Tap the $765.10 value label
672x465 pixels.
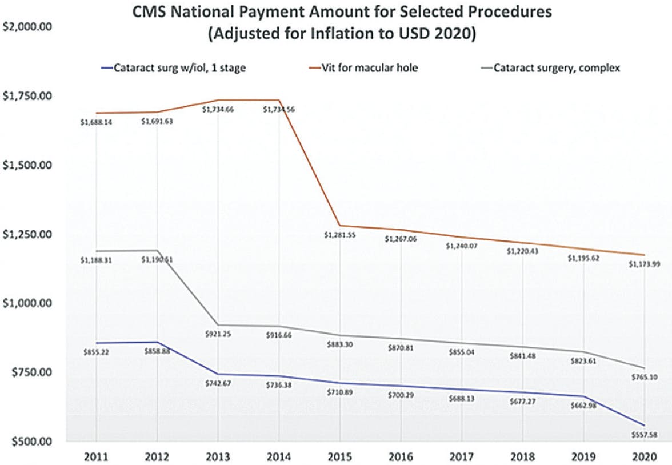pos(645,378)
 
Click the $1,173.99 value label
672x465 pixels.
pos(645,264)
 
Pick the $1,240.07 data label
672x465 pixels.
pos(462,246)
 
